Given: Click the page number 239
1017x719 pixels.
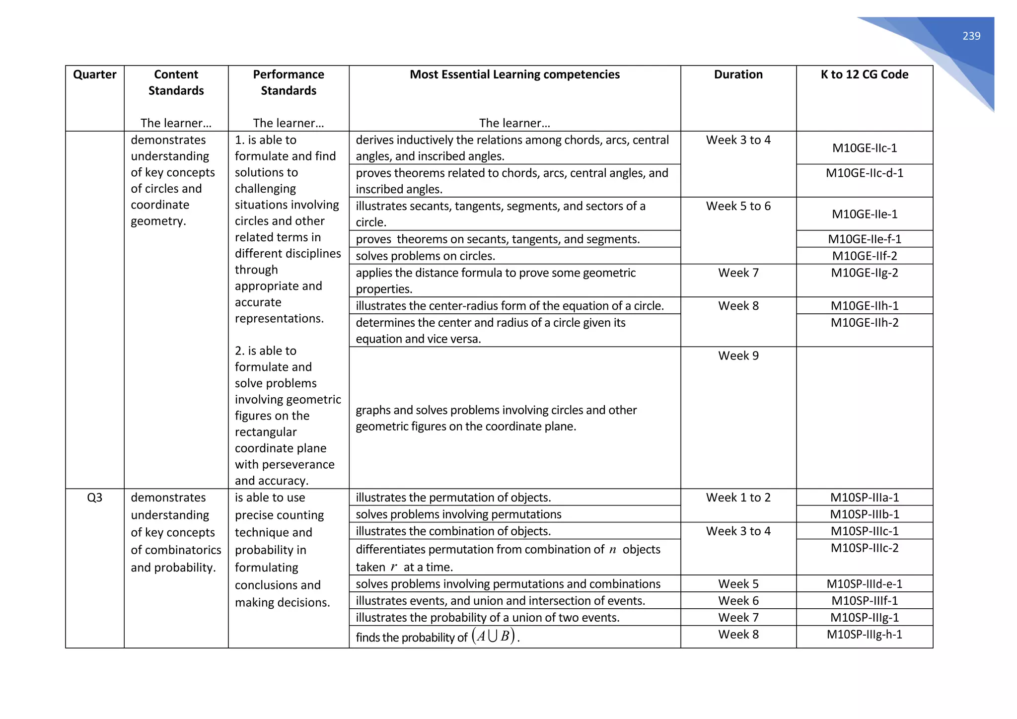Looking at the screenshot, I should (x=971, y=36).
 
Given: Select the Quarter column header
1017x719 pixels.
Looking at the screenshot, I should (x=94, y=74).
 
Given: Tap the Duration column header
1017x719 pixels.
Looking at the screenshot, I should (x=738, y=74).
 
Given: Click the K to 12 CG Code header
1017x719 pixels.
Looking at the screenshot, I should (x=864, y=74).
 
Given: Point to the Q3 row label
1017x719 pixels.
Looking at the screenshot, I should (x=94, y=498).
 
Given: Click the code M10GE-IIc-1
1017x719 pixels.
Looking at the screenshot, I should (x=865, y=148).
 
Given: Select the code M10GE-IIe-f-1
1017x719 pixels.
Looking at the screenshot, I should (x=865, y=239).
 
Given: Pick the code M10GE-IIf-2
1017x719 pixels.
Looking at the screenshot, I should (x=865, y=256).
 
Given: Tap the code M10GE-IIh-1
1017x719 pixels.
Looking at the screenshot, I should (x=865, y=306).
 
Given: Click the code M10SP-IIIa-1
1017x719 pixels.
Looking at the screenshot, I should (x=865, y=498).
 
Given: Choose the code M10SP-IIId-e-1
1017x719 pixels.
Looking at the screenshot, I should (x=865, y=584).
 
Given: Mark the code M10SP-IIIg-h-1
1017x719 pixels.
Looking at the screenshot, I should (x=865, y=635).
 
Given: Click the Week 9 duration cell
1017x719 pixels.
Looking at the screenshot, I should (x=738, y=356).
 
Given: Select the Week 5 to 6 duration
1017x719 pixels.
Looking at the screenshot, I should (x=738, y=206).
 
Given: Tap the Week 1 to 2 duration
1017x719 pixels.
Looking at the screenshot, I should (x=738, y=498).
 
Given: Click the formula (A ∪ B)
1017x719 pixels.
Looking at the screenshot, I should (x=494, y=636).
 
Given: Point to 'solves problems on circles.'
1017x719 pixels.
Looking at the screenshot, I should (x=426, y=256).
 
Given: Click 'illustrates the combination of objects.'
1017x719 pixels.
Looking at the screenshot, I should (x=453, y=531).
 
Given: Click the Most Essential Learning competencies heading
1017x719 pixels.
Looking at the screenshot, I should (x=514, y=74).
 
